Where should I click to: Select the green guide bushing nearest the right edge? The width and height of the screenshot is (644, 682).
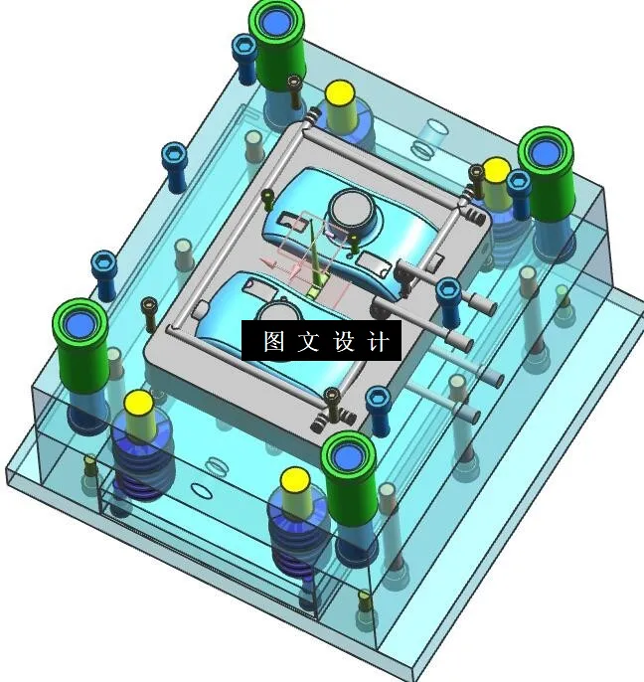click(547, 154)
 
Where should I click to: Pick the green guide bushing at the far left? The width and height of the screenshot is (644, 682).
click(81, 325)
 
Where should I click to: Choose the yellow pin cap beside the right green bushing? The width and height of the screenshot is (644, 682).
click(497, 169)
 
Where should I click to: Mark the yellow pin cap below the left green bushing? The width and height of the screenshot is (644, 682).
click(137, 404)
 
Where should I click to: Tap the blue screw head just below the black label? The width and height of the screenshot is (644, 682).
click(378, 399)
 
